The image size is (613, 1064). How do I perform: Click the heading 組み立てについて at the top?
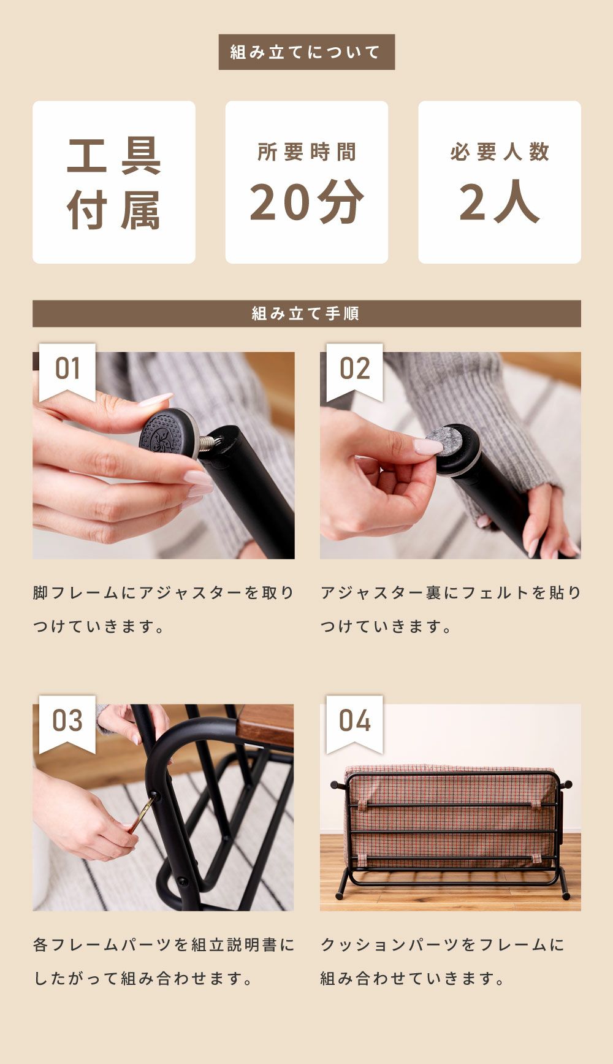point(306,52)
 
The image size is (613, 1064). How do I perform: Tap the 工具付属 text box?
point(114,183)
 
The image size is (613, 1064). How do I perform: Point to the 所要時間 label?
point(306,152)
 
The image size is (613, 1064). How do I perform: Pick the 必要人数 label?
point(500,152)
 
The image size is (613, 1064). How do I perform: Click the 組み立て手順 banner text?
point(306,313)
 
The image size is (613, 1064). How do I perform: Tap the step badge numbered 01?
point(67,369)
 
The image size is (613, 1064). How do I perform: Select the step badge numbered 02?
point(354,369)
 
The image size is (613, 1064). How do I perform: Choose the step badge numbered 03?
point(67,721)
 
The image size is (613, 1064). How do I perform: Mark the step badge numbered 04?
point(354,721)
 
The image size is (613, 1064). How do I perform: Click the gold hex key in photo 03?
point(140,813)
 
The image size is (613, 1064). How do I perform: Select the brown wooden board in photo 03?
point(265,724)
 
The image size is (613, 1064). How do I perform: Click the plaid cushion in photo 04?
point(451,816)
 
